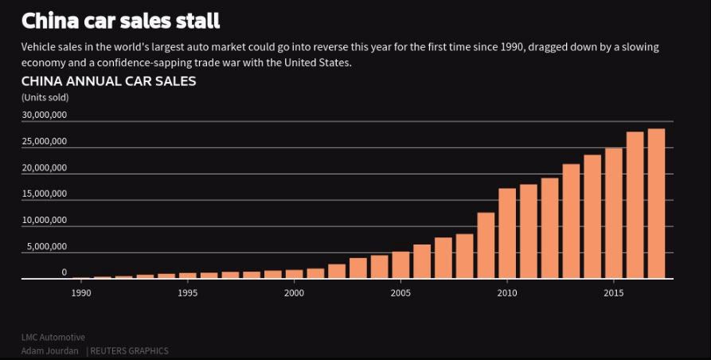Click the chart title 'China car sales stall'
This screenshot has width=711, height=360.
click(120, 21)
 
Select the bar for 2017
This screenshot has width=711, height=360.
click(656, 204)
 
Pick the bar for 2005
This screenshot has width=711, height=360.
click(400, 265)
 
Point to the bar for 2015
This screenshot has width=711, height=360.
click(614, 213)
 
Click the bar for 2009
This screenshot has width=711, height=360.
click(486, 245)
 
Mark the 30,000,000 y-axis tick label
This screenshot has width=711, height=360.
click(45, 115)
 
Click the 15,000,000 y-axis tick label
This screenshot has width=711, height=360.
click(45, 194)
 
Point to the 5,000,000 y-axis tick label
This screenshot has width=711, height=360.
click(47, 246)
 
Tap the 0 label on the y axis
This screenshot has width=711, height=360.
click(64, 272)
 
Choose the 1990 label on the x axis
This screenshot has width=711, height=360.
click(81, 293)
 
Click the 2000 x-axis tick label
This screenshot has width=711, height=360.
click(294, 293)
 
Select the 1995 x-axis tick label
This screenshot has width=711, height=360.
click(188, 293)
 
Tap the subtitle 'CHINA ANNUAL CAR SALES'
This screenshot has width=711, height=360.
click(108, 81)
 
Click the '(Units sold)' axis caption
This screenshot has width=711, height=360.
click(45, 98)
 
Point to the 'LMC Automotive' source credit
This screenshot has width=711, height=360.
click(53, 338)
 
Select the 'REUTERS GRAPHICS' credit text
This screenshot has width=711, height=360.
click(129, 351)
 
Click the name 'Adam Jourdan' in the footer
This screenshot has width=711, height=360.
click(49, 351)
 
